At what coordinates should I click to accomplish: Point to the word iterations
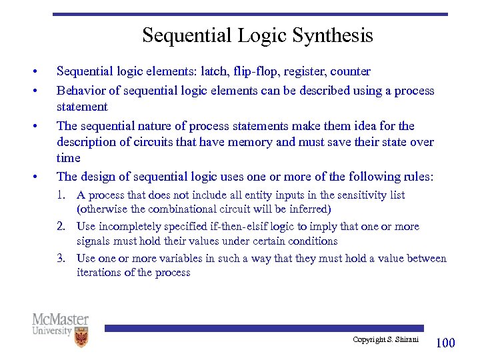pos(99,273)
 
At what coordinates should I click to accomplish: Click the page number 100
pos(445,343)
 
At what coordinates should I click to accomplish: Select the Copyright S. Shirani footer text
pos(385,340)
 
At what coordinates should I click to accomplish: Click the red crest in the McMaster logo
pos(81,337)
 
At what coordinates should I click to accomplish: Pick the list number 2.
pos(62,227)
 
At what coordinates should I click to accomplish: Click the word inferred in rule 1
pos(309,209)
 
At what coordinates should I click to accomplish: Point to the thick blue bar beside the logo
pos(264,328)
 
